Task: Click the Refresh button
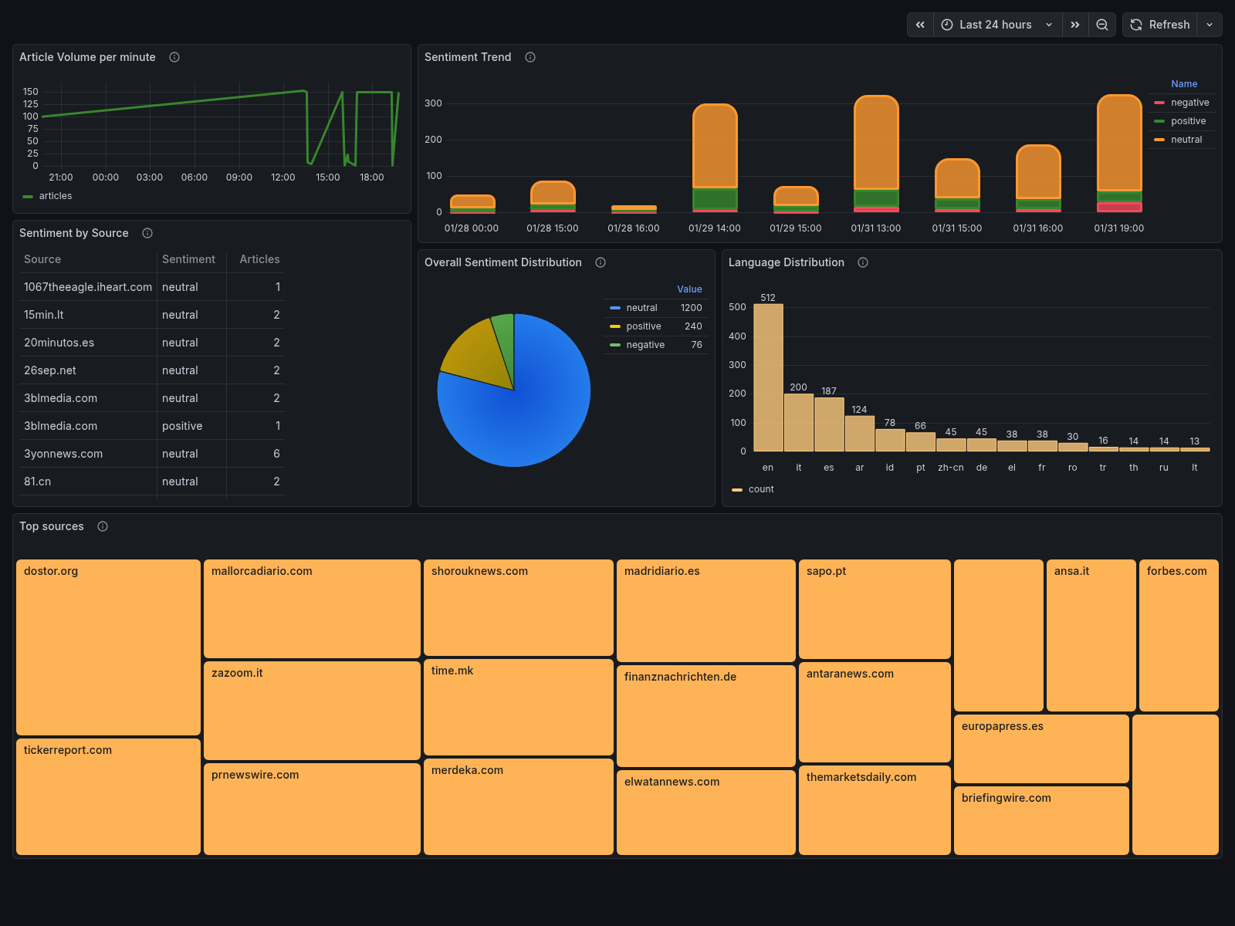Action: point(1160,25)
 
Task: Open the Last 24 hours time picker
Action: point(996,25)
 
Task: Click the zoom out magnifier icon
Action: point(1102,25)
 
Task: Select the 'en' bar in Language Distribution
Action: point(768,378)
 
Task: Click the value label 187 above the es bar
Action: point(829,391)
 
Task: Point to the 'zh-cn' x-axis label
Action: point(951,468)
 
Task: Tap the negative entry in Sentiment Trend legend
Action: point(1189,103)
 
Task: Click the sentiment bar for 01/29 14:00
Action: point(715,154)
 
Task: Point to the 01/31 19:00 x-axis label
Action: point(1118,228)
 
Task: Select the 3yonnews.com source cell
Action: point(63,454)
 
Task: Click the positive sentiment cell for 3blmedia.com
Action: point(182,426)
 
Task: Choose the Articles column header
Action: point(259,259)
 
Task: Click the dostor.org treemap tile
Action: point(108,648)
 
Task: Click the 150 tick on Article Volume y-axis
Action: point(30,92)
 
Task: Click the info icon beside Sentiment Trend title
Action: point(530,57)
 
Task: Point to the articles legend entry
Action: point(55,196)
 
